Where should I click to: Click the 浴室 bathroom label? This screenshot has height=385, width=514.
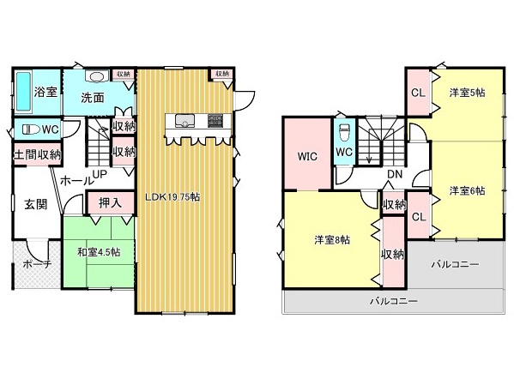pyautogui.click(x=45, y=92)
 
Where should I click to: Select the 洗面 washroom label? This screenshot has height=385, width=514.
pyautogui.click(x=93, y=97)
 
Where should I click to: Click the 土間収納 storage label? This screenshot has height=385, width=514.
pyautogui.click(x=37, y=155)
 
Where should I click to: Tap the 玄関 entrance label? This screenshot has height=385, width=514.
pyautogui.click(x=35, y=204)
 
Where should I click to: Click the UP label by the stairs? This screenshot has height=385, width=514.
pyautogui.click(x=100, y=174)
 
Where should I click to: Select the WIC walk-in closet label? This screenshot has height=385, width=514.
pyautogui.click(x=308, y=157)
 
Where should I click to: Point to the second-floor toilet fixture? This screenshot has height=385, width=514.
pyautogui.click(x=344, y=133)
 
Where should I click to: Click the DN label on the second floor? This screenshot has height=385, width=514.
pyautogui.click(x=395, y=175)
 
